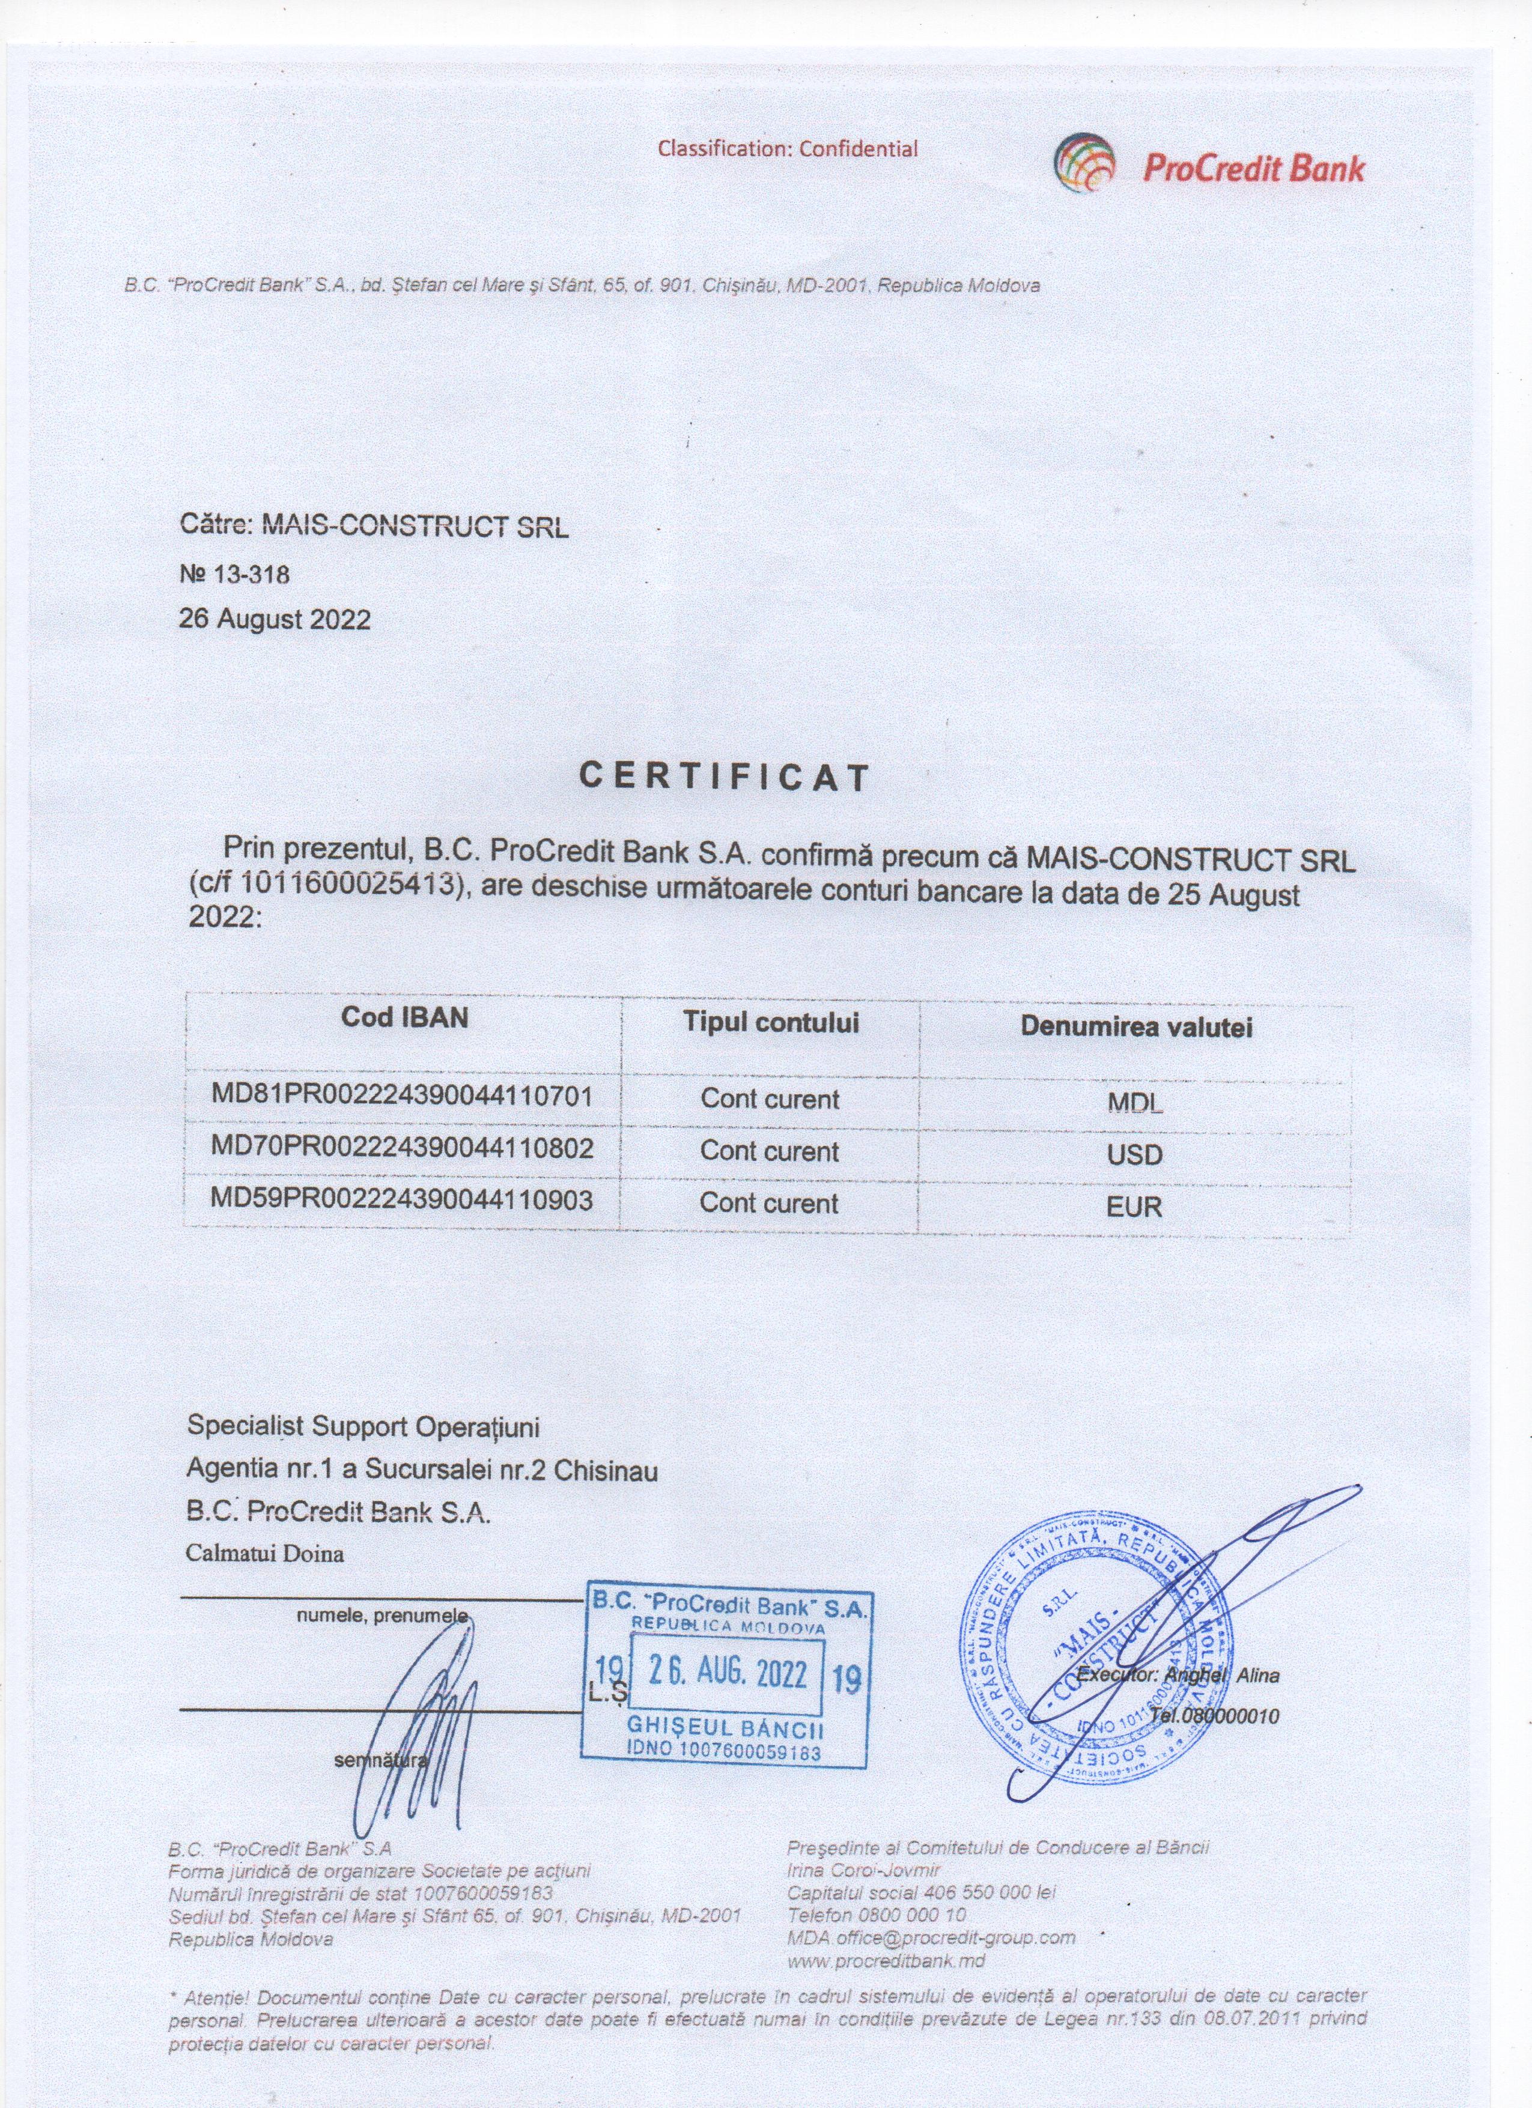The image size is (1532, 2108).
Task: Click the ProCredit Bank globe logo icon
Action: coord(1084,165)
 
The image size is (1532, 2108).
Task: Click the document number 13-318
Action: coord(251,574)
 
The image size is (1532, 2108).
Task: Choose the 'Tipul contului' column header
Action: coord(771,1022)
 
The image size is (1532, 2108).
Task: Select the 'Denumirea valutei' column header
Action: coord(1136,1027)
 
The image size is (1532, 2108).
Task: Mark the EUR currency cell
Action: coord(1135,1207)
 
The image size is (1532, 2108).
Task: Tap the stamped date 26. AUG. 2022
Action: coord(727,1674)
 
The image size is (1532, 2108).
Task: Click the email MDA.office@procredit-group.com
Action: coord(931,1938)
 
